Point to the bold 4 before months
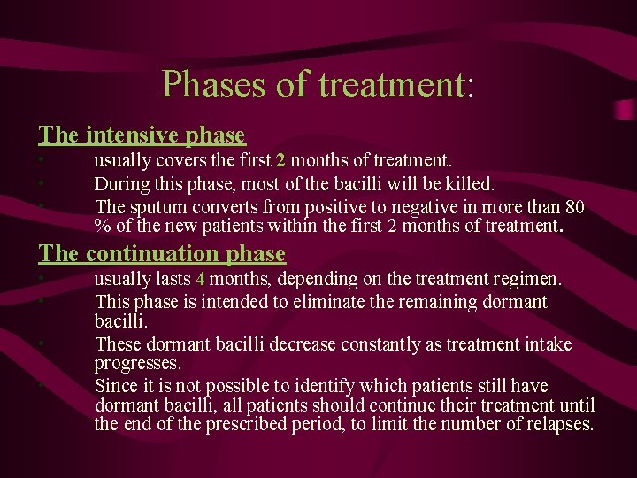click(x=201, y=280)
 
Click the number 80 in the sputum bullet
click(x=574, y=207)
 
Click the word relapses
click(x=559, y=425)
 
